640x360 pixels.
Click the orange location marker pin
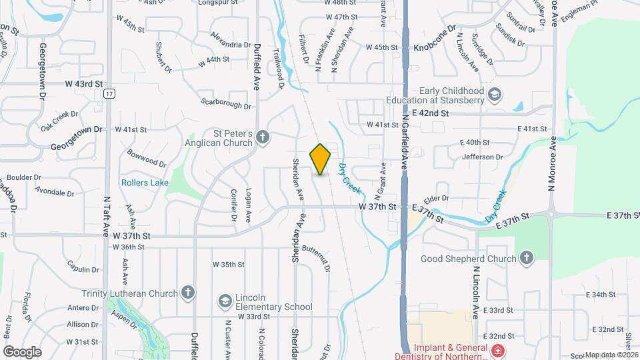(x=321, y=159)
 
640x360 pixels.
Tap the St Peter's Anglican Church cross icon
(x=263, y=138)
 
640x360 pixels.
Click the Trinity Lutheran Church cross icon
(x=189, y=293)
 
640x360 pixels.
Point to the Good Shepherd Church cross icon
(x=527, y=258)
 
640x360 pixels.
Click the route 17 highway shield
(x=109, y=94)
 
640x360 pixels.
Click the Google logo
(x=22, y=351)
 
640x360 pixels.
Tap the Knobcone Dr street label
(x=434, y=47)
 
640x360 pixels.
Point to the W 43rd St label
(x=84, y=84)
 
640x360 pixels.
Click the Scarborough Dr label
(x=225, y=103)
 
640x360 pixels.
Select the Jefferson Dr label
(x=483, y=157)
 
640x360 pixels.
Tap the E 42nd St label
(x=430, y=113)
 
